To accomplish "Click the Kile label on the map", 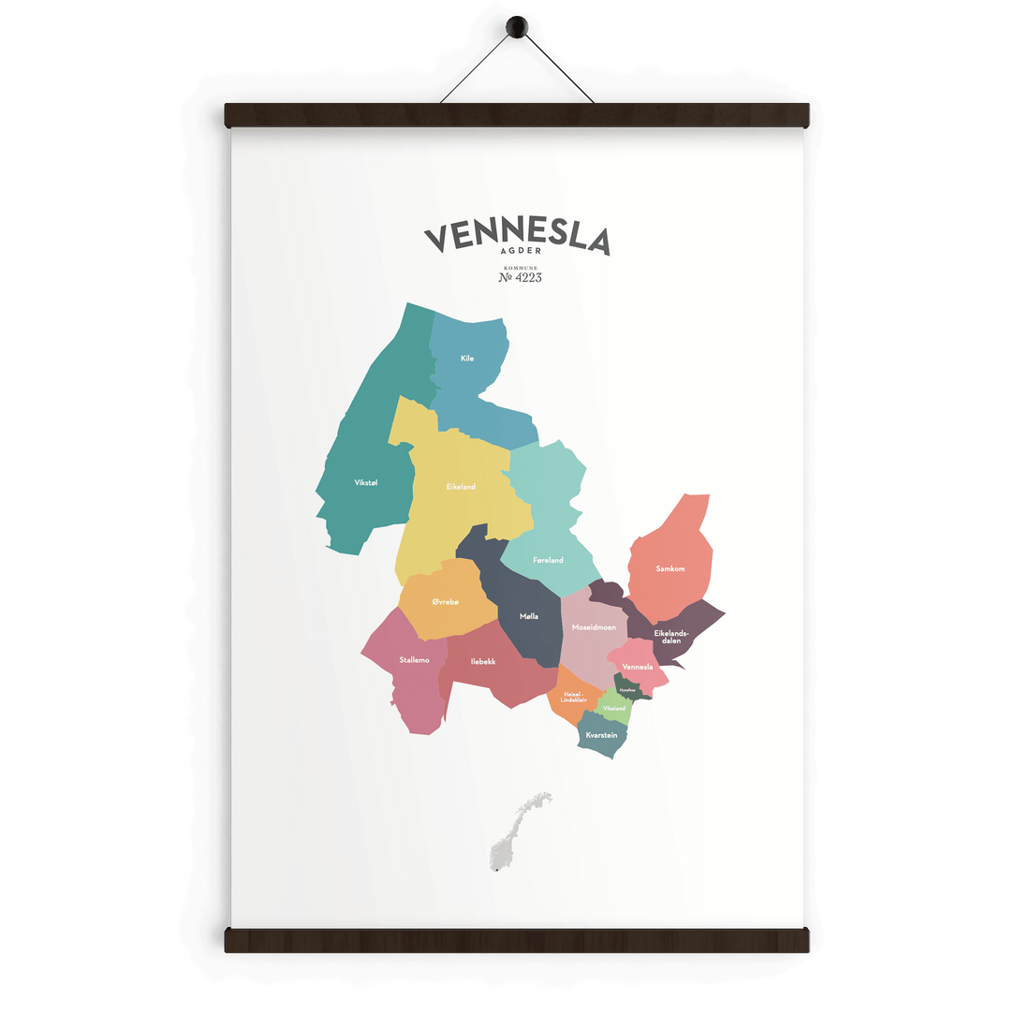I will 467,359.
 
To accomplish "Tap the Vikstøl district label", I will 366,482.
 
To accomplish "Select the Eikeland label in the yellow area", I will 461,486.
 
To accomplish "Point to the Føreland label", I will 548,560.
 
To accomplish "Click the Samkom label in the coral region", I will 670,568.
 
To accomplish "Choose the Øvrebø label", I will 446,601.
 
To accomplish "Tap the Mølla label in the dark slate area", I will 529,616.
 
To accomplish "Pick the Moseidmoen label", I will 594,626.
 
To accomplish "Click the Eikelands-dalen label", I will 671,637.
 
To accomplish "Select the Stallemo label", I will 414,660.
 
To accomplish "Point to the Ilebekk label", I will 483,661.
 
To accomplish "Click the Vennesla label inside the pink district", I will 637,667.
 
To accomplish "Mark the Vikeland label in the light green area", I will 614,709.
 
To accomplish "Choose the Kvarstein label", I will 601,735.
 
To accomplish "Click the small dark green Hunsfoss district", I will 628,689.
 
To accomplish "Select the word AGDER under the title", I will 520,251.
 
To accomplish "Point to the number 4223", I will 521,277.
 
